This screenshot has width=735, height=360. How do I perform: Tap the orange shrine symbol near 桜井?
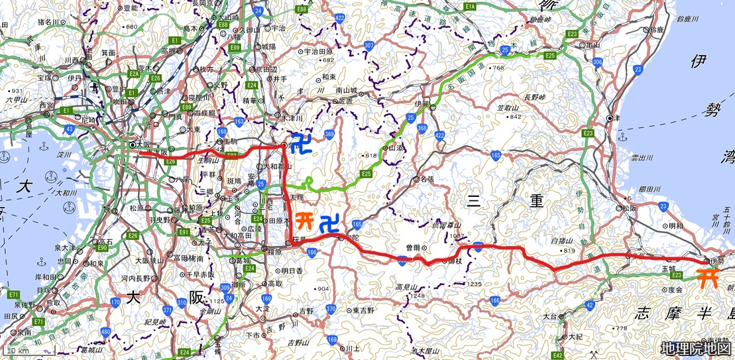point(304,219)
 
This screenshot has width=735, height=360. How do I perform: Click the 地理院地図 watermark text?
point(696,349)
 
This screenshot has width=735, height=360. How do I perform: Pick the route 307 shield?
point(369,46)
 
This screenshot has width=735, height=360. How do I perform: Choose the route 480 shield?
point(105,331)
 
